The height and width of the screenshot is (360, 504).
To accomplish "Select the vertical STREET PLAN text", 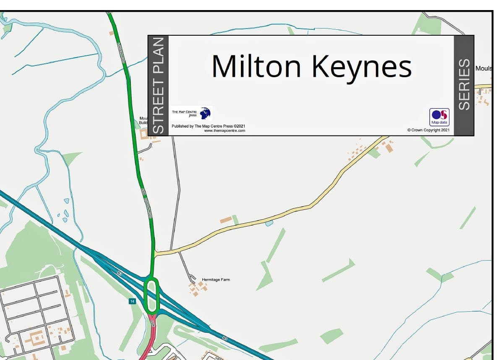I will pos(158,86).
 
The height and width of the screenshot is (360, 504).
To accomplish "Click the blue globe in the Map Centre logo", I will pos(205,113).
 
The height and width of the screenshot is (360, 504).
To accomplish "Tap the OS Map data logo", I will pos(439,117).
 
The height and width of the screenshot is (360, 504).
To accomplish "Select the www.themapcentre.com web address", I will pos(224,131).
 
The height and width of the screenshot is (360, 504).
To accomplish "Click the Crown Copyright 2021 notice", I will pos(428,130).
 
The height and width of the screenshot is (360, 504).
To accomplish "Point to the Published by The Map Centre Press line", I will pos(208,126).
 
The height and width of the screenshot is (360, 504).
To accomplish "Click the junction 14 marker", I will pos(132,301).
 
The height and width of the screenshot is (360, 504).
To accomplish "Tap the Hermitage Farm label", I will pos(216,279).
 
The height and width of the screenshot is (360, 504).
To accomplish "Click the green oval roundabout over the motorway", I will pos(152,295).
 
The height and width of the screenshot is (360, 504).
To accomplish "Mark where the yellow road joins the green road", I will pos(155,253).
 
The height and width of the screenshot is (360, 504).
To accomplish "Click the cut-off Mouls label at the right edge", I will pos(483,68).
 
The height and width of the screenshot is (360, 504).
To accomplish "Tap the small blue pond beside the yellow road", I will pos(269,223).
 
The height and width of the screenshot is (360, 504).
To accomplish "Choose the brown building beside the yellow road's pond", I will pos(226,220).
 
